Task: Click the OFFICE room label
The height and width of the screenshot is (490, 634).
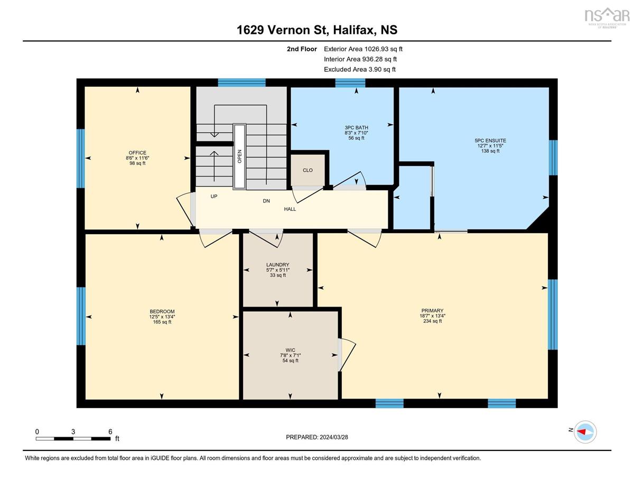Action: (137, 153)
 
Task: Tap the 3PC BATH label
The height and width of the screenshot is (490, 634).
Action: (356, 127)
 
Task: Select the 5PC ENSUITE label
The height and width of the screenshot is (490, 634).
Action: (490, 141)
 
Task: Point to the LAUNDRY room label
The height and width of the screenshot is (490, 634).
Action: (277, 265)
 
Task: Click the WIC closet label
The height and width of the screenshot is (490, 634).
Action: (290, 350)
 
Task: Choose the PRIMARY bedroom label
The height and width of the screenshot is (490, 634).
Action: (432, 310)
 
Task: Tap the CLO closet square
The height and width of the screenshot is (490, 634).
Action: (308, 170)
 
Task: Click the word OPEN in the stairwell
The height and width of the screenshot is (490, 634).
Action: (239, 156)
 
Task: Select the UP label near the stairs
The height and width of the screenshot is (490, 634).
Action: (214, 197)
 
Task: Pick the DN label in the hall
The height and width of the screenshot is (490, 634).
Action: (266, 201)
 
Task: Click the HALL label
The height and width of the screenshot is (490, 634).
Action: (290, 209)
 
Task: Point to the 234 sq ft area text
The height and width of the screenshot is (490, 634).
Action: (432, 321)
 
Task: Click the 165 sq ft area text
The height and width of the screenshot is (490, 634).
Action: (162, 322)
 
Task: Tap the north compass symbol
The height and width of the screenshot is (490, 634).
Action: (585, 432)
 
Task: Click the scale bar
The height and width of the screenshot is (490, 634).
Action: (73, 439)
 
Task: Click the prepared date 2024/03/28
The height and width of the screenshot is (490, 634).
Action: (334, 437)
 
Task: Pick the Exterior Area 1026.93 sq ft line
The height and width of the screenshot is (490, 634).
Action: (363, 49)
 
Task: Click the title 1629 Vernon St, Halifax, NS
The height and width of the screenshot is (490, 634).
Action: (317, 30)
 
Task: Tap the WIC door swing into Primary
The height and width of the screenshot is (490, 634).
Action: (348, 355)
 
